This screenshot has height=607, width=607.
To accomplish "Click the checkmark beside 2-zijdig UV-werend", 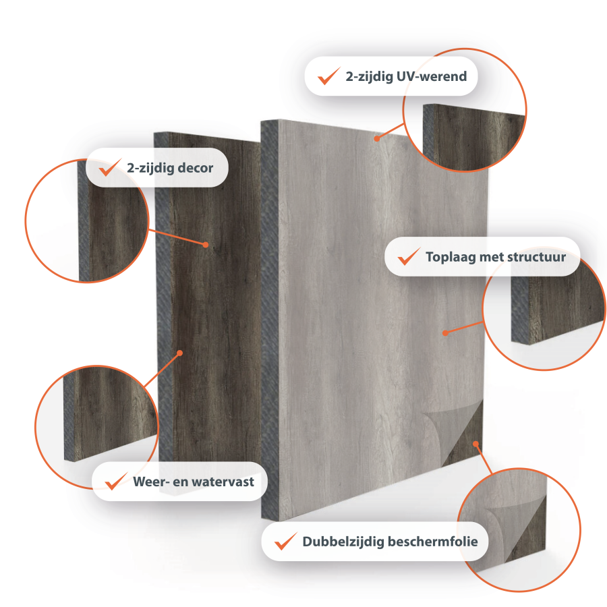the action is (x=328, y=76).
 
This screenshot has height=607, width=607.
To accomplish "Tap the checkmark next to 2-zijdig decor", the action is (x=110, y=167).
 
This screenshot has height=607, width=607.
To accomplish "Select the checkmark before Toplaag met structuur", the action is (x=409, y=256).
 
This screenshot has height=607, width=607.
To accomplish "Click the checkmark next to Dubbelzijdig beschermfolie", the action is (x=286, y=541).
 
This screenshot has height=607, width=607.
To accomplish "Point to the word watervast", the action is (x=223, y=482).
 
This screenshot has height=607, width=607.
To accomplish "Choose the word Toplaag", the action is (x=451, y=258).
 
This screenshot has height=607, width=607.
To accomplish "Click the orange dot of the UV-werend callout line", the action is (x=377, y=138).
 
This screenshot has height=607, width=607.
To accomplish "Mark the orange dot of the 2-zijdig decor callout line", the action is (x=206, y=245).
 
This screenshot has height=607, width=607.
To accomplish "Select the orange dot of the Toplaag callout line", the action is (x=445, y=333).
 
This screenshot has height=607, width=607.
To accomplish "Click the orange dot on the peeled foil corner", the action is (x=475, y=444).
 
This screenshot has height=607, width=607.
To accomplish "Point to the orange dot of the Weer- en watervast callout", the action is (x=179, y=353).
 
